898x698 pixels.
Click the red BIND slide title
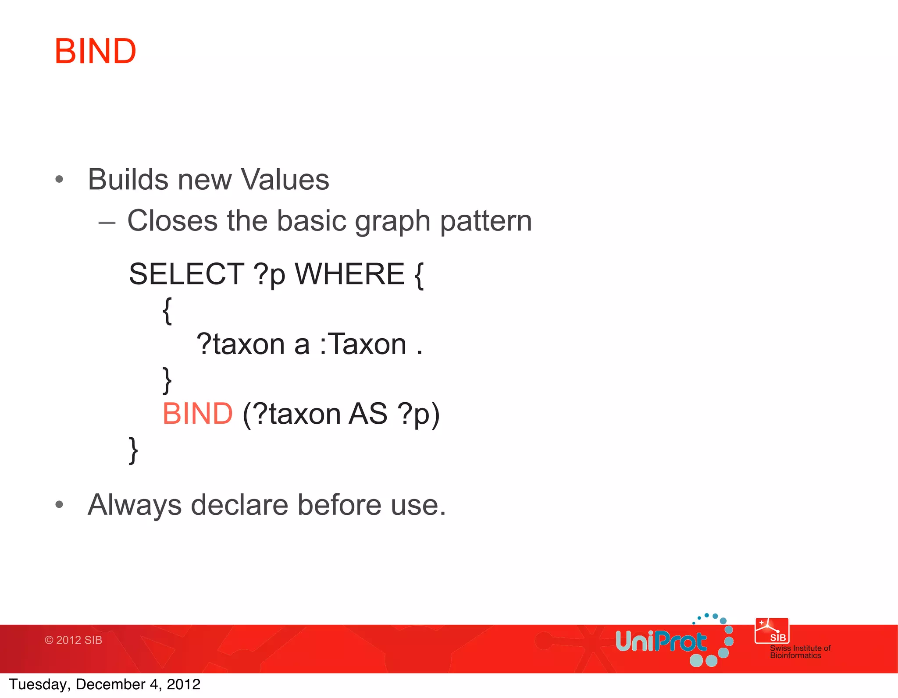tap(95, 51)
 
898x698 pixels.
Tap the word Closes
tap(172, 220)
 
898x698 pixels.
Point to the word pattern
tap(486, 221)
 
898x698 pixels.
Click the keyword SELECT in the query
tap(186, 274)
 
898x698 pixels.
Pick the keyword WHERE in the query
tap(349, 274)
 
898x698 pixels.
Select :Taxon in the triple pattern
tap(363, 344)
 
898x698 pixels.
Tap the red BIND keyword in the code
tap(197, 414)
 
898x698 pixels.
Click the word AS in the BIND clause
tap(368, 414)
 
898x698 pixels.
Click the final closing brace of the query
tap(133, 450)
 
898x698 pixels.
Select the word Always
tap(135, 505)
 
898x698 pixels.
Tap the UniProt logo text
tap(661, 642)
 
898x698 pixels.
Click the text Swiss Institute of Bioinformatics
tap(800, 652)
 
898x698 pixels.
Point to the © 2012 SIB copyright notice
tap(73, 640)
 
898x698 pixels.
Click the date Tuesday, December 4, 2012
tap(104, 684)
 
